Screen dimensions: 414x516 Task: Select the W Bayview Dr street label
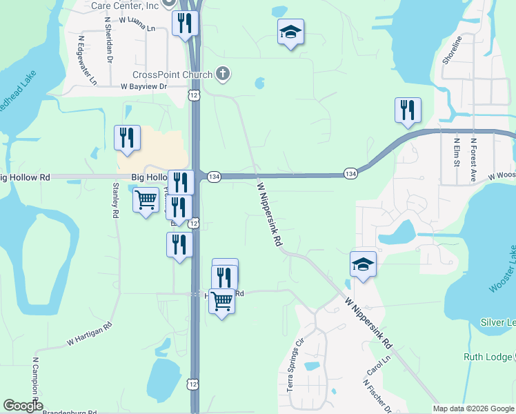(x=144, y=87)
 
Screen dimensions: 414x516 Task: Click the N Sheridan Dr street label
(x=109, y=39)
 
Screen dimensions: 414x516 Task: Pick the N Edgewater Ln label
(x=87, y=60)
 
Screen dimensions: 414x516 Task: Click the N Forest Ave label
(x=474, y=159)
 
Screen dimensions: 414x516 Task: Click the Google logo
(x=22, y=406)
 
